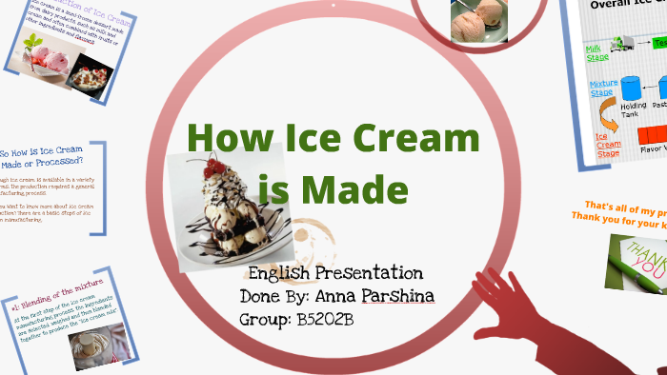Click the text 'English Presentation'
coord(329,273)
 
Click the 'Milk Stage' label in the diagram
coord(597,51)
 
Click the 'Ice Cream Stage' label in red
coord(606,143)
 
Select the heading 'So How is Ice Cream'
coord(43,152)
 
